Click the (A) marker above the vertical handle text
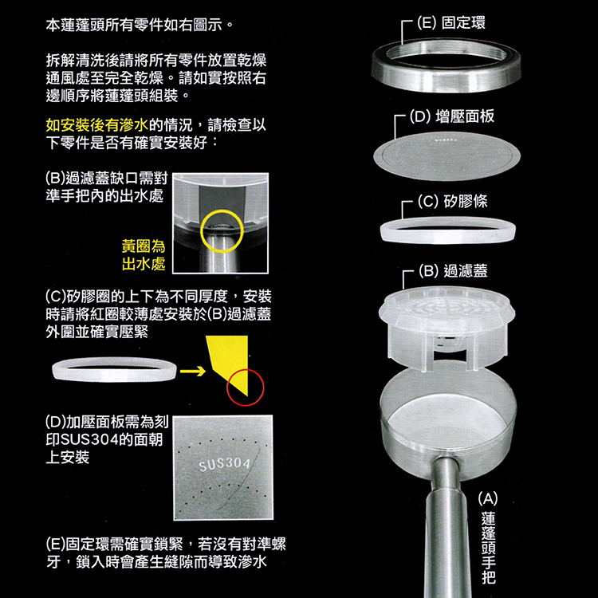(489, 499)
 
